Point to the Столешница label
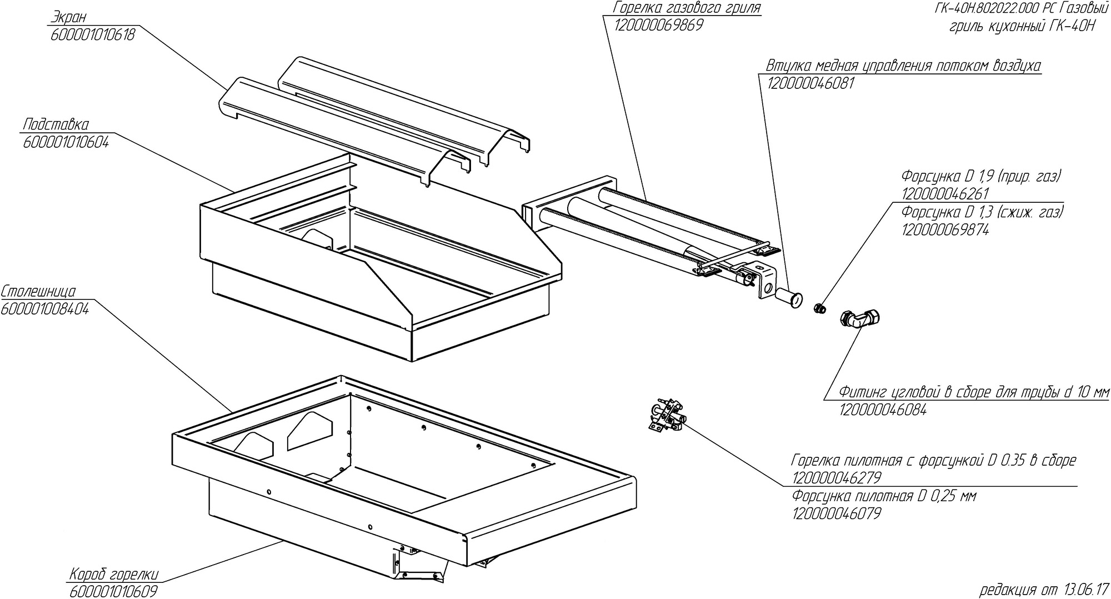coord(38,292)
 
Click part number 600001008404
coord(45,309)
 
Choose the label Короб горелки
coord(114,573)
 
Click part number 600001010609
coord(114,591)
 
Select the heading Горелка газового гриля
coord(686,8)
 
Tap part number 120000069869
coord(659,26)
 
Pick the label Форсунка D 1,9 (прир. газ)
coord(981,177)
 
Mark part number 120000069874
coord(945,229)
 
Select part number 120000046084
coord(883,410)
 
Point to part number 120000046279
coord(837,478)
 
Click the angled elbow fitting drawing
coord(860,320)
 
